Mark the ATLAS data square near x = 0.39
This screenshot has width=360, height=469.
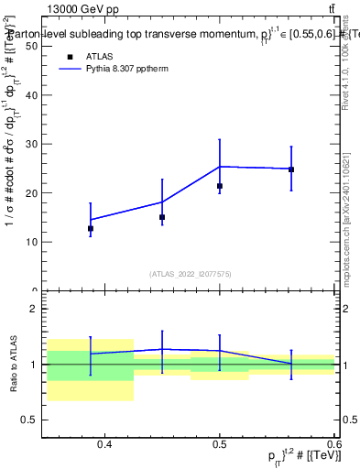click(x=91, y=228)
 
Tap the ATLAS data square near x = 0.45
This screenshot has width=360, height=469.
click(x=162, y=217)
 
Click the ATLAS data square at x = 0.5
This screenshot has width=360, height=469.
click(x=220, y=186)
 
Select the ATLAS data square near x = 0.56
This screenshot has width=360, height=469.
click(x=291, y=169)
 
